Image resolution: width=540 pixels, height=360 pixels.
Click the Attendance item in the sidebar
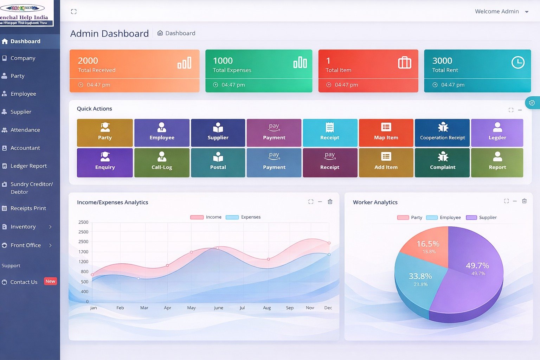[x=25, y=130]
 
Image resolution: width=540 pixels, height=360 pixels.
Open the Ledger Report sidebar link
[x=28, y=166]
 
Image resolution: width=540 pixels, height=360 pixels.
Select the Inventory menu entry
[x=23, y=227]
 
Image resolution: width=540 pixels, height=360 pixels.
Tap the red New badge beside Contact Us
[x=50, y=281]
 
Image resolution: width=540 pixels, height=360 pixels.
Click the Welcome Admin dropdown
[x=501, y=12]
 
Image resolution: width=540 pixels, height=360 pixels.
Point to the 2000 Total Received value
[x=88, y=61]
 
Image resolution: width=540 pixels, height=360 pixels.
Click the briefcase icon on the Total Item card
[x=404, y=63]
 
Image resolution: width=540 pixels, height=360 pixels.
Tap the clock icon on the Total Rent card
[x=517, y=63]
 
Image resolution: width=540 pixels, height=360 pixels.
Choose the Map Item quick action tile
[x=386, y=133]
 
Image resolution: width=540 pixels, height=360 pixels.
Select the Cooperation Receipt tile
[x=442, y=133]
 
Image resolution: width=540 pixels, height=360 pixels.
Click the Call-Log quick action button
[x=162, y=162]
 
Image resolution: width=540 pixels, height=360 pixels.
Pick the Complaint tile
[x=442, y=162]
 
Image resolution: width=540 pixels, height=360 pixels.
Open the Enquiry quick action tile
[x=105, y=162]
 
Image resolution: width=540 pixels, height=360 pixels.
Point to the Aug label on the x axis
[x=267, y=308]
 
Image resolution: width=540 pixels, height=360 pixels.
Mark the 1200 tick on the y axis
[x=84, y=262]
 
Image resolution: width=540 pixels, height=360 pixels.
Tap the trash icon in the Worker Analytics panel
[x=524, y=201]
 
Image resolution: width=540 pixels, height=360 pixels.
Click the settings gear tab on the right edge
[x=532, y=103]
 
